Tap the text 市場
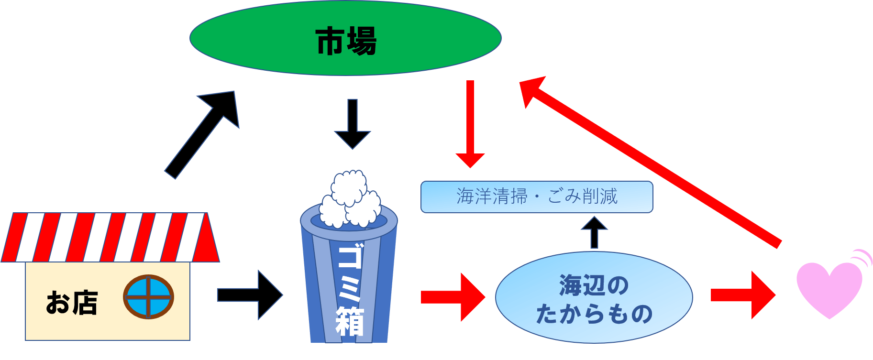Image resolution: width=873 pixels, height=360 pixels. click(346, 41)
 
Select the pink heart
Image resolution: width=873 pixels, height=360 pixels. click(829, 289)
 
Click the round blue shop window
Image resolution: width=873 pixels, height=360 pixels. click(148, 297)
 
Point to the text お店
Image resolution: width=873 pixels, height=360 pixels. click(72, 303)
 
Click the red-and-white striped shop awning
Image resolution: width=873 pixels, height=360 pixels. click(110, 238)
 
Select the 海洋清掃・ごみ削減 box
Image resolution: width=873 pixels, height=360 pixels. click(536, 196)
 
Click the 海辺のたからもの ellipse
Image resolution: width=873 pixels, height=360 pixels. click(594, 298)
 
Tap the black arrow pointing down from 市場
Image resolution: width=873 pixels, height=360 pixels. click(353, 124)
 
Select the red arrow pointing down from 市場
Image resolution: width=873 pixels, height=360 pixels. click(470, 124)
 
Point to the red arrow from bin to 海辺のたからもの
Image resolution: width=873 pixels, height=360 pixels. click(453, 297)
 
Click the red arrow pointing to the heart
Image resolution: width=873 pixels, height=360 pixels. click(742, 295)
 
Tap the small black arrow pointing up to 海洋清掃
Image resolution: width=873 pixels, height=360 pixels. click(594, 232)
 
